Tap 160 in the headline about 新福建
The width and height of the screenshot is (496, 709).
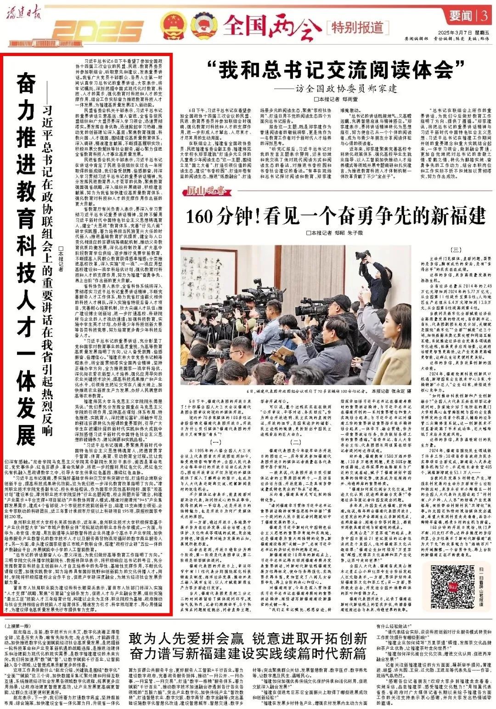tap(203, 215)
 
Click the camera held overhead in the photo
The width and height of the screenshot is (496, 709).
tap(363, 254)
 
